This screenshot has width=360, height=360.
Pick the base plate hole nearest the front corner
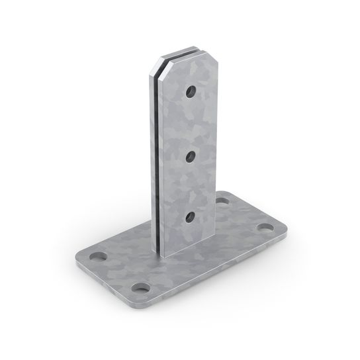click(x=140, y=288)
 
